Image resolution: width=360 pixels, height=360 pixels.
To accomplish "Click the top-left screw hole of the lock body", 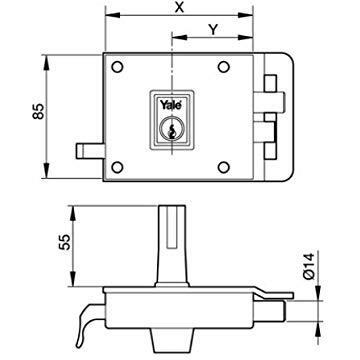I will click(x=117, y=69).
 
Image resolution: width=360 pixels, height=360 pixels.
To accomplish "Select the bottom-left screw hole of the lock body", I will click(x=117, y=166).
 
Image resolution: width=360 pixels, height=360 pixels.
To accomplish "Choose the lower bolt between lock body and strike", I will click(x=261, y=130).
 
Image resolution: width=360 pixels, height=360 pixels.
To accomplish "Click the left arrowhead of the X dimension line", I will click(x=107, y=18).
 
